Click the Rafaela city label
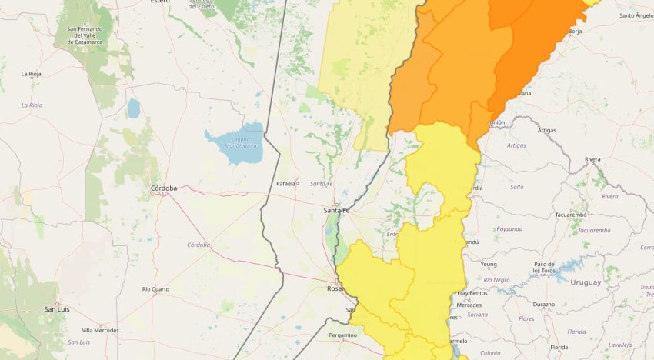tap(286, 183)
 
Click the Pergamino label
tap(342, 335)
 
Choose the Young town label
tap(489, 264)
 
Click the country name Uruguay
tap(586, 282)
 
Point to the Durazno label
tap(543, 304)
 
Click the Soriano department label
tap(477, 314)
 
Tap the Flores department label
tap(526, 318)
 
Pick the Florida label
tap(576, 332)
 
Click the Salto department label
tap(516, 187)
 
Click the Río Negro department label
tap(496, 280)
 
